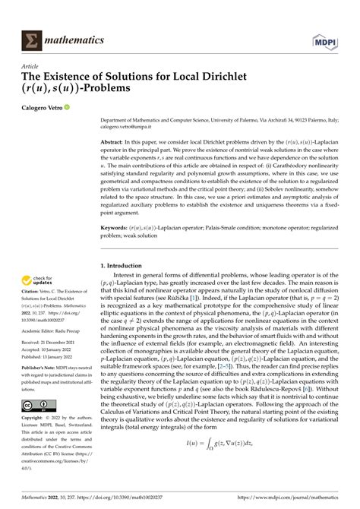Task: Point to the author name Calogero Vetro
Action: pos(46,107)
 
